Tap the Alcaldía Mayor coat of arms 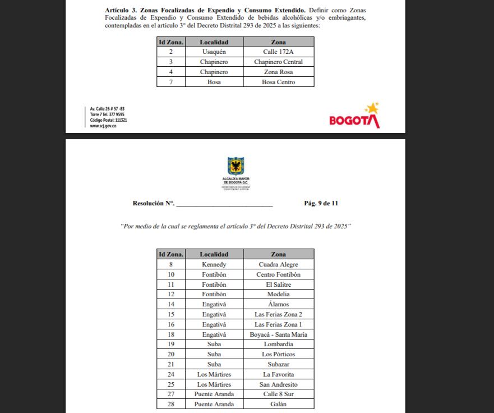236,166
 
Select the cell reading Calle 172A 278,52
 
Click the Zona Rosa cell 278,72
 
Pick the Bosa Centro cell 278,82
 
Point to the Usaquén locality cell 214,52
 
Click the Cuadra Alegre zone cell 278,264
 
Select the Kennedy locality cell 214,264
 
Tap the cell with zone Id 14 170,304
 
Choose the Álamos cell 278,304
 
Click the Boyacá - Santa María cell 278,334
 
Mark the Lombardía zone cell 278,344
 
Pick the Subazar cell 278,364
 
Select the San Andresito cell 278,384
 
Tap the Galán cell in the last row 278,404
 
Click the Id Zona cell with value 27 170,394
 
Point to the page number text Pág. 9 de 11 321,203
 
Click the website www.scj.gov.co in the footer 103,126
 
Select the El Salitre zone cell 278,284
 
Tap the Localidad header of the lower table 214,254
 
